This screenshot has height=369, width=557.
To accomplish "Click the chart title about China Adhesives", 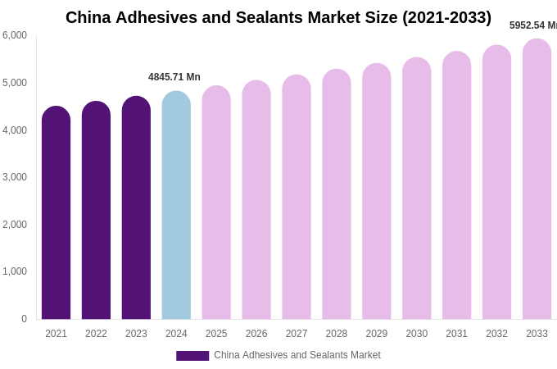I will point(278,17).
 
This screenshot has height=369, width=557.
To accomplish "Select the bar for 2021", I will point(56,213).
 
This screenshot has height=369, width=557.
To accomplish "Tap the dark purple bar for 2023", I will point(136,208).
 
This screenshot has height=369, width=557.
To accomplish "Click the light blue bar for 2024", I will point(176,205).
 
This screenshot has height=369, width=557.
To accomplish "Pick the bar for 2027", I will point(297,198).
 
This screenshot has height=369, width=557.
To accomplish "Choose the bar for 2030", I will point(416,189).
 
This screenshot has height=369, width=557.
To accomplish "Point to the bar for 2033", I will point(537,180).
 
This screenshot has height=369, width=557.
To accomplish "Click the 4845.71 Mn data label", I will point(174,77).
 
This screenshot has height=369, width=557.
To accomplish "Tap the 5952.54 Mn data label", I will point(533,25).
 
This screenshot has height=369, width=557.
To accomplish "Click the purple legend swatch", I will point(192,356).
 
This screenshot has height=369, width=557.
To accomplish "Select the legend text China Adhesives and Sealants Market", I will point(297,355).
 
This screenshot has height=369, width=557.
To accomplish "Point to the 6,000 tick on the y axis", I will point(15,35).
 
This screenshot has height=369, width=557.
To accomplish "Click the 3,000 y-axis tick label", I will point(15,177).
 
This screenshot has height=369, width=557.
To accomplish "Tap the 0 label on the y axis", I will point(24,319).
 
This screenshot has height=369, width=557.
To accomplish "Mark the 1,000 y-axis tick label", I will point(15,271).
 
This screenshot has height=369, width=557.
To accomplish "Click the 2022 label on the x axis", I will point(96,334).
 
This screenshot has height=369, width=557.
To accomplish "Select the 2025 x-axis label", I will point(216,334).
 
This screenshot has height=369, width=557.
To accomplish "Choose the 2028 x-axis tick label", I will point(337,334).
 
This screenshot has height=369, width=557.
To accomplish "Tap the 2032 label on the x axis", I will point(496,334).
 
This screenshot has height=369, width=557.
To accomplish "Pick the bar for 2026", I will point(256,200).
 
